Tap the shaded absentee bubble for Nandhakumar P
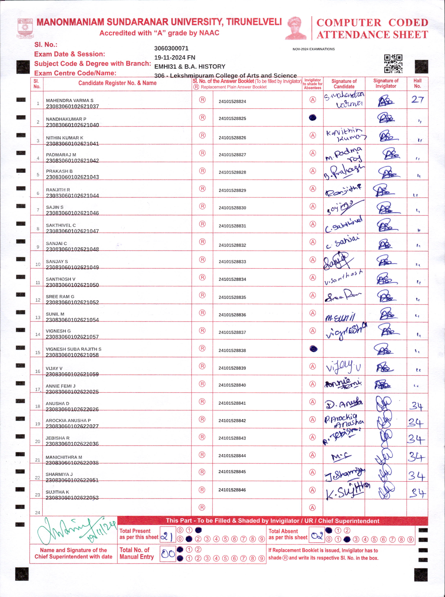[313, 117]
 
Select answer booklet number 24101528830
[232, 208]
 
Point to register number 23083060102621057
[72, 337]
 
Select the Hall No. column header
[417, 84]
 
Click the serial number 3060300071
[171, 48]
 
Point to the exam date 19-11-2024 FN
[175, 57]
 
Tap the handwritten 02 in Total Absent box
[317, 536]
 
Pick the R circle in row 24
[202, 507]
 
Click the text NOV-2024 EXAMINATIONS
[314, 49]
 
